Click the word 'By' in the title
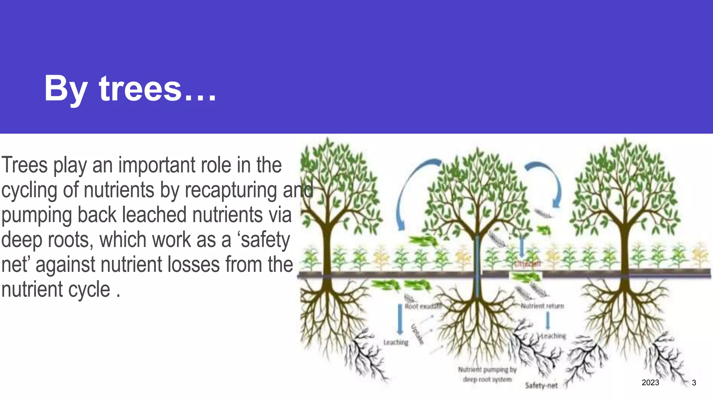tap(65, 89)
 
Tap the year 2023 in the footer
tap(650, 383)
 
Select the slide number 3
tap(694, 383)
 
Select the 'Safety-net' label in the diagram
tap(541, 385)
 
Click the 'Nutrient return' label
tap(542, 306)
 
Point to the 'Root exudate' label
tap(423, 306)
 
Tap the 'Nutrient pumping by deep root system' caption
tap(487, 374)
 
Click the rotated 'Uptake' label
tap(417, 334)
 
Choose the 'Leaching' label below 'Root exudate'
tap(396, 343)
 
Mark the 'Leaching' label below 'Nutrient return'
tap(553, 336)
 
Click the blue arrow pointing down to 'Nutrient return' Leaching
tap(548, 321)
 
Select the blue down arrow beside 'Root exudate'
tap(400, 319)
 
